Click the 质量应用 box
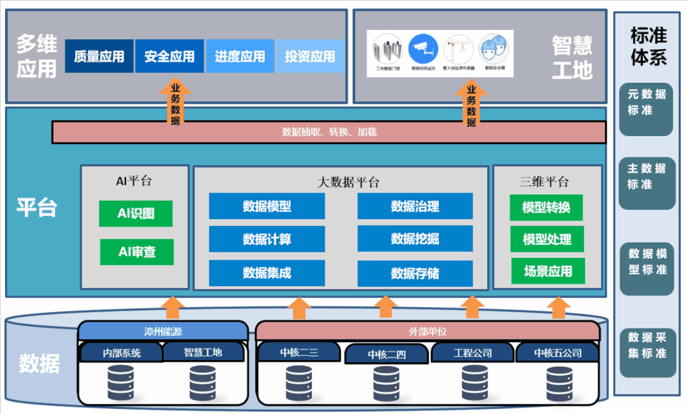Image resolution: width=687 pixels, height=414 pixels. click(x=99, y=56)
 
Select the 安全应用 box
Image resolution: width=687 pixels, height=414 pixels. click(x=169, y=56)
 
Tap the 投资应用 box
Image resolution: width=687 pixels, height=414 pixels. click(x=310, y=56)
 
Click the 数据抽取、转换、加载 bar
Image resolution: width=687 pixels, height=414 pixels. click(x=329, y=132)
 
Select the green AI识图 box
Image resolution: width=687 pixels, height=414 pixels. click(x=136, y=213)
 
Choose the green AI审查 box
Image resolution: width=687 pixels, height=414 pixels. click(x=136, y=252)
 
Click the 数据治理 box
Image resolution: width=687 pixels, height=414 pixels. click(x=414, y=206)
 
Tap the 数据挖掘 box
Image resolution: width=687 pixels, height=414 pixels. click(x=414, y=239)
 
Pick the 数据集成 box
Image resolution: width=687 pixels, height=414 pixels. click(x=267, y=273)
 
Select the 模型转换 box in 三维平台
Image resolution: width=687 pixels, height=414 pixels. click(x=546, y=208)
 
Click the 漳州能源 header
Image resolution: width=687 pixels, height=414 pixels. click(x=162, y=331)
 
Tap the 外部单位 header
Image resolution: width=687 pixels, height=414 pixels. click(x=427, y=331)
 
